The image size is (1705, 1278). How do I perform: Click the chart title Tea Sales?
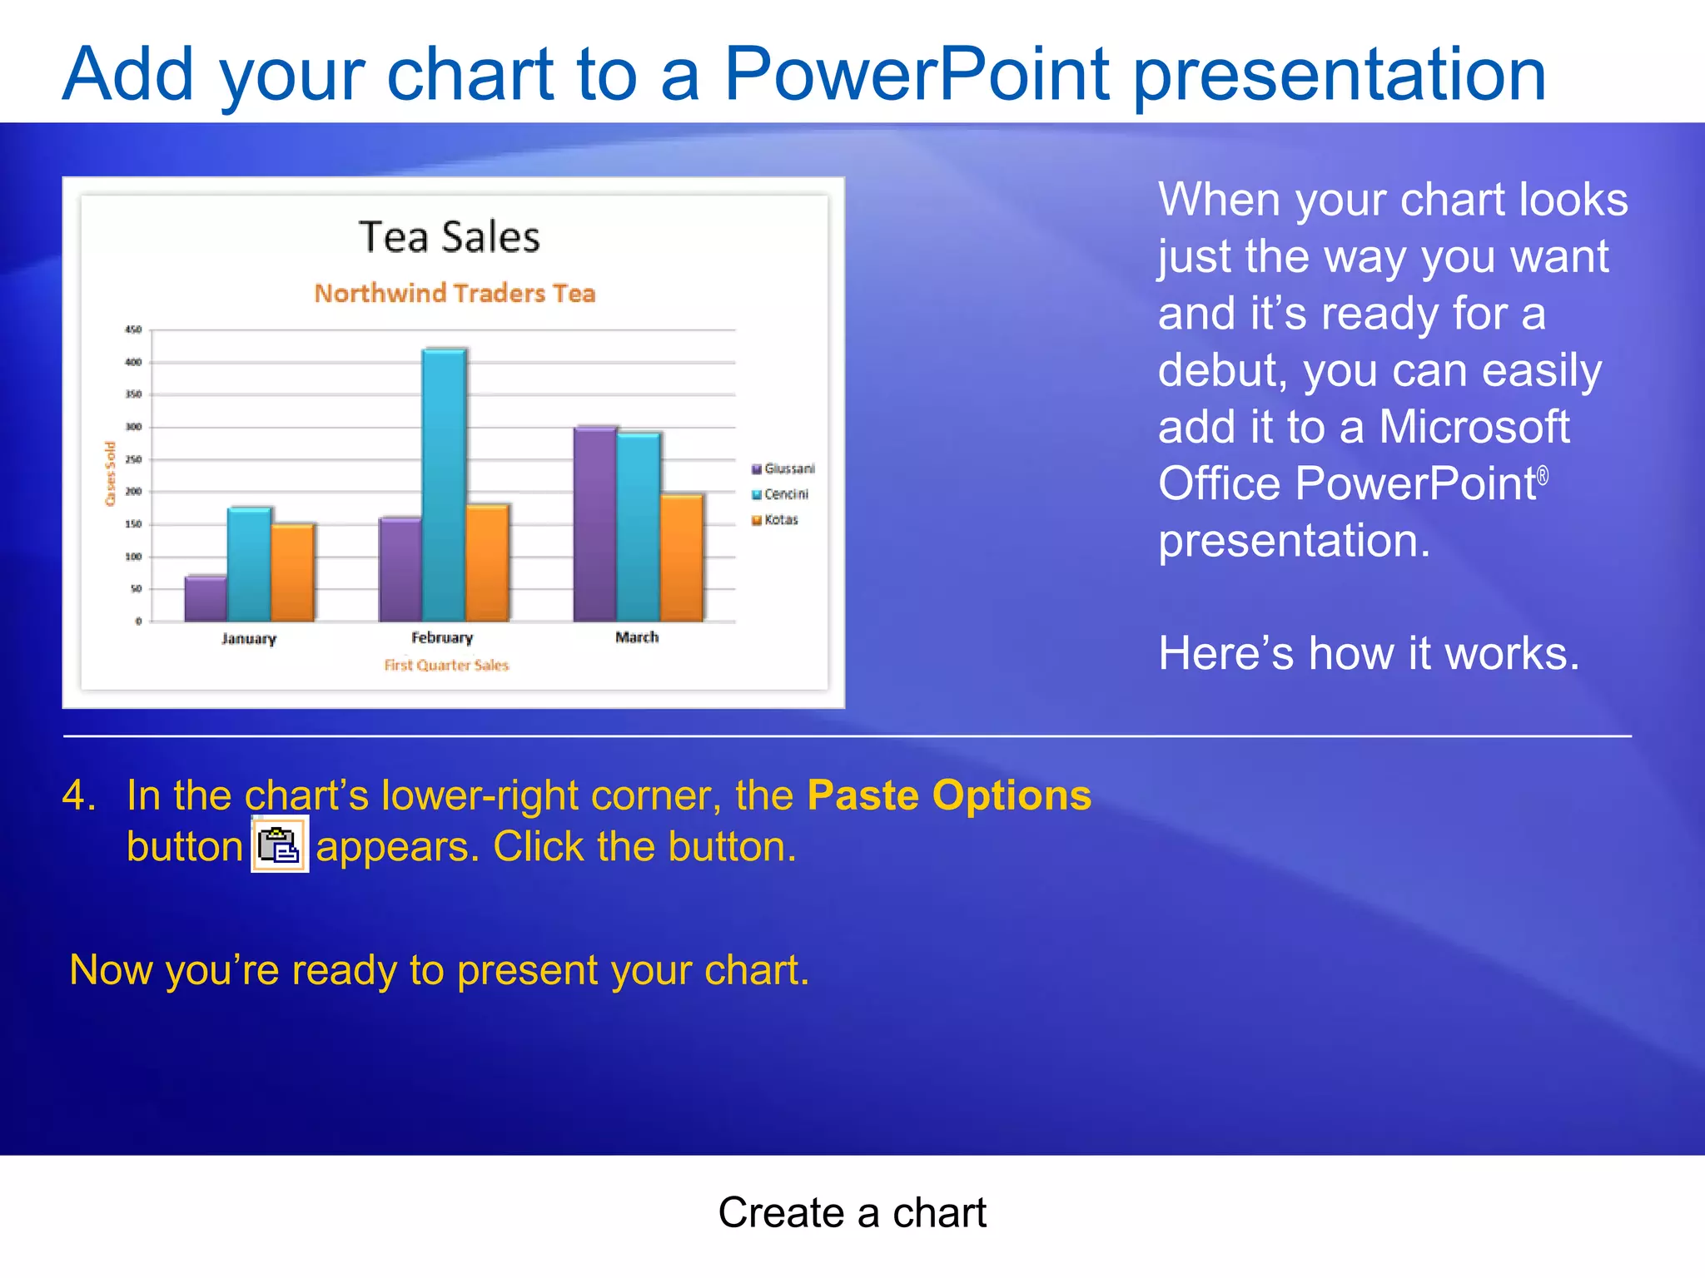click(450, 237)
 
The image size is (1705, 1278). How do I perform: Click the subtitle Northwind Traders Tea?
click(455, 293)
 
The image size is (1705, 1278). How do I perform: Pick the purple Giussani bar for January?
click(206, 598)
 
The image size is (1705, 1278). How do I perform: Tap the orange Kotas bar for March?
click(682, 557)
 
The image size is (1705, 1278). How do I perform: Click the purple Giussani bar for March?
click(594, 523)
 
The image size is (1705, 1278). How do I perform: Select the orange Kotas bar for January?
click(293, 572)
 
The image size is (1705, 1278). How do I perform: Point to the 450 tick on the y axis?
click(133, 330)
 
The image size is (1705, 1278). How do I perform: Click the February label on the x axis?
click(442, 637)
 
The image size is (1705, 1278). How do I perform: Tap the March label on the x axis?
click(637, 637)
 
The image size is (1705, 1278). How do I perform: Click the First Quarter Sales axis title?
click(446, 665)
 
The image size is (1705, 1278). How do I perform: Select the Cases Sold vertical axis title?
click(110, 474)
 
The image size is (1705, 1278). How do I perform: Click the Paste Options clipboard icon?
click(280, 845)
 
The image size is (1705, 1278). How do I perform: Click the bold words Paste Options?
click(949, 795)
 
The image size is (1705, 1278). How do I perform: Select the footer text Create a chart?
click(852, 1212)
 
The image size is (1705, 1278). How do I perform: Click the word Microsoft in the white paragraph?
click(1474, 427)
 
